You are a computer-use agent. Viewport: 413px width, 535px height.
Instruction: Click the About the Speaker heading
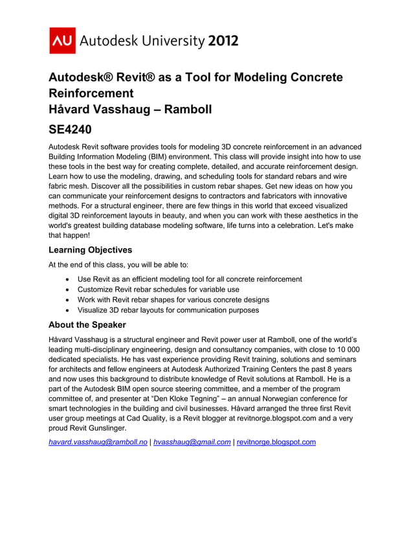87,324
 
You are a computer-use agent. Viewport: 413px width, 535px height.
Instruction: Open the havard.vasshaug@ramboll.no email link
98,442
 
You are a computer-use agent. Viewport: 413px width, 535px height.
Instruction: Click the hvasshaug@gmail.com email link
192,442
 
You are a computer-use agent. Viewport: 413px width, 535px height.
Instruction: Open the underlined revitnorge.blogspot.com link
276,442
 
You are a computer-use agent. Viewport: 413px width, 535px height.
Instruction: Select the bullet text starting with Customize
158,290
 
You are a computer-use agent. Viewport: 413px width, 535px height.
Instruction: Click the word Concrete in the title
313,77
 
